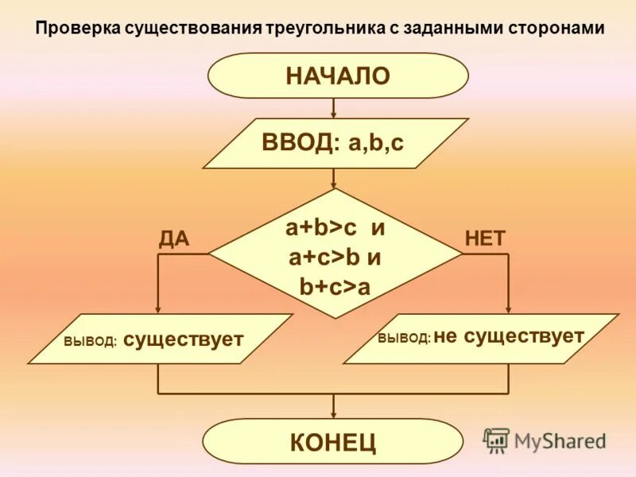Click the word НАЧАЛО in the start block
click(x=338, y=76)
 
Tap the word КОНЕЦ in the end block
click(x=333, y=442)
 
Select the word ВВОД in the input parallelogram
click(x=296, y=144)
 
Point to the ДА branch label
click(x=174, y=238)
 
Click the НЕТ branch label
click(x=485, y=238)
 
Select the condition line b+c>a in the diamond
click(x=335, y=286)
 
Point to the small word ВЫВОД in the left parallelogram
click(x=91, y=343)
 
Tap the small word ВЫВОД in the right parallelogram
click(x=404, y=339)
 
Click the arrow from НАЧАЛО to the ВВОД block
click(x=334, y=108)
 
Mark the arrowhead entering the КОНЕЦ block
click(x=334, y=414)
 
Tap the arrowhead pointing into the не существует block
click(x=509, y=309)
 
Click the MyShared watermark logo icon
click(x=497, y=440)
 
